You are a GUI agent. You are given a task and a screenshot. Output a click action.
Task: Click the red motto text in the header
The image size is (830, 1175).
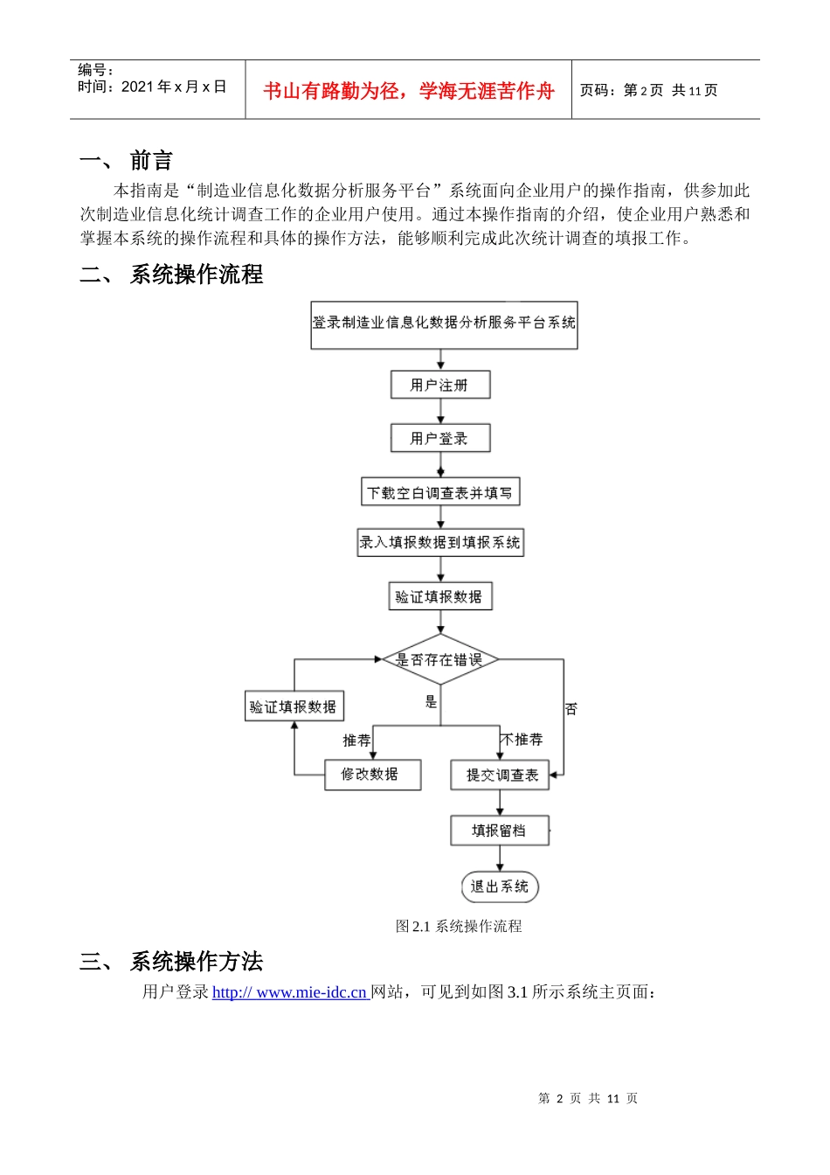[x=408, y=91]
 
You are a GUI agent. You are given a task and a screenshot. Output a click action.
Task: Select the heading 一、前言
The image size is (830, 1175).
[x=127, y=161]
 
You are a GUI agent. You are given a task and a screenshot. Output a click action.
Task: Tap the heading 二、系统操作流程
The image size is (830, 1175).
[x=171, y=275]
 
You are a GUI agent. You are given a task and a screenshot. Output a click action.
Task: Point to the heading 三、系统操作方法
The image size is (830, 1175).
[x=171, y=962]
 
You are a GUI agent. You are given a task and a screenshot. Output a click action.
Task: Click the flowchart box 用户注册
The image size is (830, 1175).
[x=440, y=385]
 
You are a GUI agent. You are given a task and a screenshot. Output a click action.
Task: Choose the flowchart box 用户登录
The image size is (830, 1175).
[x=440, y=438]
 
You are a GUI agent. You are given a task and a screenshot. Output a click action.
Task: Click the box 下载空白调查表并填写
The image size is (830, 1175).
[x=440, y=493]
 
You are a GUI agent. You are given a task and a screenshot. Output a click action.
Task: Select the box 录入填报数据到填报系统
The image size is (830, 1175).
[x=440, y=543]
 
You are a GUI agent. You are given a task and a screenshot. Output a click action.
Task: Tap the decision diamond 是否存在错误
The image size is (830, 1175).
[x=440, y=660]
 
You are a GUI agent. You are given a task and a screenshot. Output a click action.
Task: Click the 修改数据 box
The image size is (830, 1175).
[x=372, y=775]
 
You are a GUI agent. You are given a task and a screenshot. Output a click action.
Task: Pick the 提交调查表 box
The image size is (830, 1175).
[x=500, y=775]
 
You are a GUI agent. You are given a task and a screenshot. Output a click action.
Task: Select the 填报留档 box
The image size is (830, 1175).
[x=500, y=831]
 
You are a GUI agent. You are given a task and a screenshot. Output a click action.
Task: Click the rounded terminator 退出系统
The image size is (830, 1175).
[x=500, y=886]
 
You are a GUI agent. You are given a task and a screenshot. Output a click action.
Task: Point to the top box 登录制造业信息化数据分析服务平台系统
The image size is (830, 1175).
[x=444, y=323]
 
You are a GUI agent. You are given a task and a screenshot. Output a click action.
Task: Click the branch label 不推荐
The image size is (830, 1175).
[x=522, y=740]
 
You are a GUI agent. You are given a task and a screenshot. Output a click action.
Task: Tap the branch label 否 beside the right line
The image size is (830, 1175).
[x=571, y=709]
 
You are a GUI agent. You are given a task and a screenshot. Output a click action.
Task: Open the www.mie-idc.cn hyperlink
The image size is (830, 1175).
[x=290, y=992]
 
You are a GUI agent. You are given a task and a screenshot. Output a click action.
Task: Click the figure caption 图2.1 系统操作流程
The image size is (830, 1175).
[x=459, y=926]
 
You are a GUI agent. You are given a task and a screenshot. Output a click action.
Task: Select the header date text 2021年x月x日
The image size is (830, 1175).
[x=174, y=87]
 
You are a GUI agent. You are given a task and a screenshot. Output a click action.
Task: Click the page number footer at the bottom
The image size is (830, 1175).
[x=588, y=1098]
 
